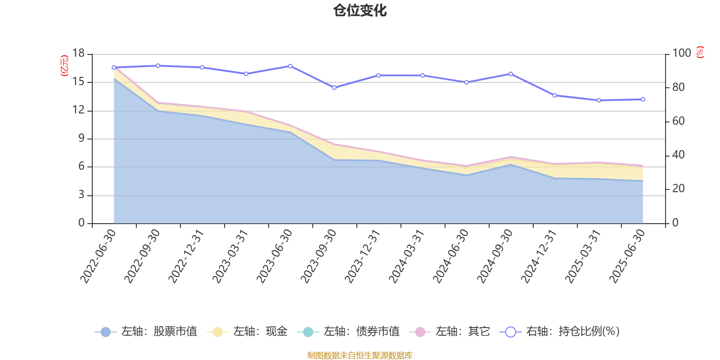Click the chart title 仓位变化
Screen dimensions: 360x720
[x=360, y=10]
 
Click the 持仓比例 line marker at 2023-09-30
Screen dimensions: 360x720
[x=334, y=88]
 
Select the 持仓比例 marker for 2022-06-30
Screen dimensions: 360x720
[x=113, y=67]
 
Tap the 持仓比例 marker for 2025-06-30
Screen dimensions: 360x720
[x=643, y=99]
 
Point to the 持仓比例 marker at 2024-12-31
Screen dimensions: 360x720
[x=554, y=95]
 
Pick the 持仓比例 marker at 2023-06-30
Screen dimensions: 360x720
[x=290, y=66]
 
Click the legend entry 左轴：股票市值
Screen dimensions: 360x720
[x=146, y=332]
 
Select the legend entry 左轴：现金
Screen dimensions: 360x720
[x=247, y=332]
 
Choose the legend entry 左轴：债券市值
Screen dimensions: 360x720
[x=349, y=332]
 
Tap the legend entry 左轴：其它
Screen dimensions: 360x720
[x=450, y=332]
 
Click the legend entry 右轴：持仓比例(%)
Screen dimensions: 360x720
[x=560, y=332]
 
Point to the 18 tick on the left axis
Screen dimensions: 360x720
[x=79, y=54]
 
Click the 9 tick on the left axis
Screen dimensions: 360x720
[x=81, y=139]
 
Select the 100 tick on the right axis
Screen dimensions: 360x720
[x=681, y=54]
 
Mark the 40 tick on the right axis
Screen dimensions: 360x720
[x=678, y=155]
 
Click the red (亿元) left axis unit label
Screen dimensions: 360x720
[x=64, y=66]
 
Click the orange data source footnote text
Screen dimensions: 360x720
[x=360, y=355]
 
